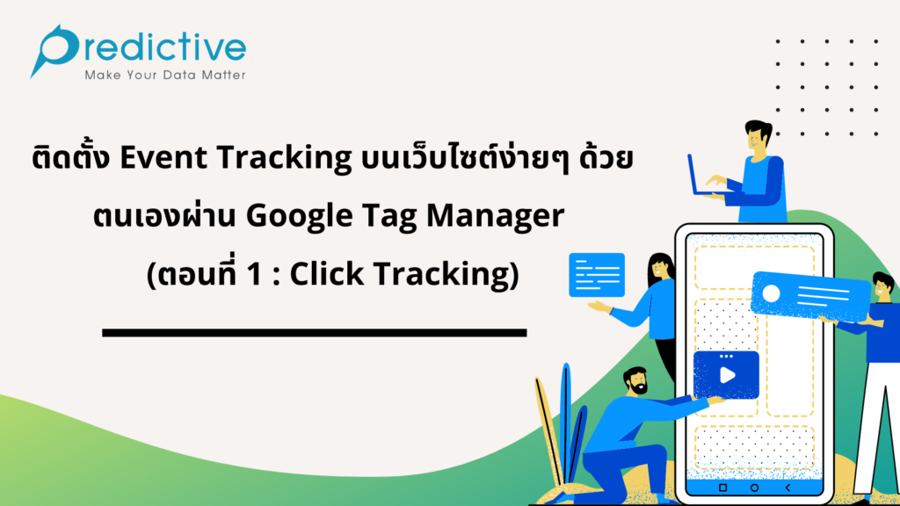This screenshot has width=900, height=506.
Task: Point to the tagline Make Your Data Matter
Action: (164, 76)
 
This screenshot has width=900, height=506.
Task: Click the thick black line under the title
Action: (314, 332)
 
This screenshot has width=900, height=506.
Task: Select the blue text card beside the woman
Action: (597, 274)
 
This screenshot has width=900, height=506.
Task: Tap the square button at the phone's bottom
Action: (722, 487)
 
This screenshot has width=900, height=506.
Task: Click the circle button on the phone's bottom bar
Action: (755, 487)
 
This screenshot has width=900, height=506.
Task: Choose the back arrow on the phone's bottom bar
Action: (787, 487)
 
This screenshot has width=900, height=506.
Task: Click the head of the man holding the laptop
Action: (757, 137)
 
